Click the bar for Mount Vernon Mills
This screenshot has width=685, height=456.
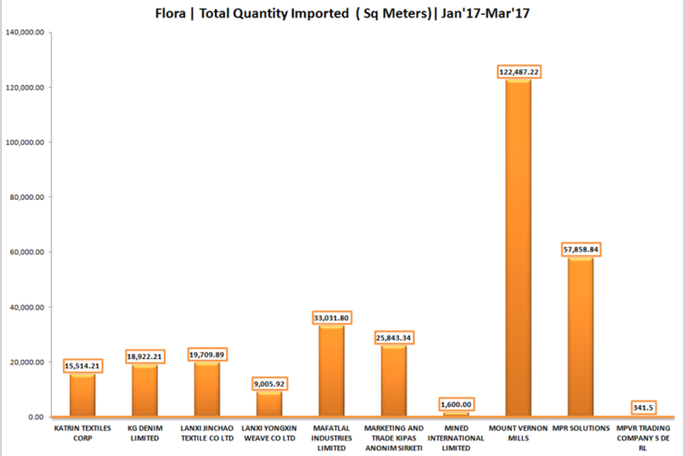pyautogui.click(x=518, y=250)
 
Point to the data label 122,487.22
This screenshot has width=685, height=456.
pyautogui.click(x=518, y=71)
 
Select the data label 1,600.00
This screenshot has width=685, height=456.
pyautogui.click(x=455, y=403)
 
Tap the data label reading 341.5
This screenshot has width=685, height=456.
pyautogui.click(x=644, y=407)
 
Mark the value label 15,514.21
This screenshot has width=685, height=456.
pyautogui.click(x=82, y=365)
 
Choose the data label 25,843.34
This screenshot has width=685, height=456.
pyautogui.click(x=393, y=338)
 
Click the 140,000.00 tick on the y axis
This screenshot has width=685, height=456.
pyautogui.click(x=25, y=32)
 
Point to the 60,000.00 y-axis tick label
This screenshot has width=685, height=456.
pyautogui.click(x=28, y=252)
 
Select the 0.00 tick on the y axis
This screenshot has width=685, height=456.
pyautogui.click(x=36, y=416)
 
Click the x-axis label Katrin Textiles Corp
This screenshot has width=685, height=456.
pyautogui.click(x=82, y=433)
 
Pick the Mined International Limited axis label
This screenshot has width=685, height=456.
pyautogui.click(x=455, y=438)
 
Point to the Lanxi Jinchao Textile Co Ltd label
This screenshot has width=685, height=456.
pyautogui.click(x=206, y=433)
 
